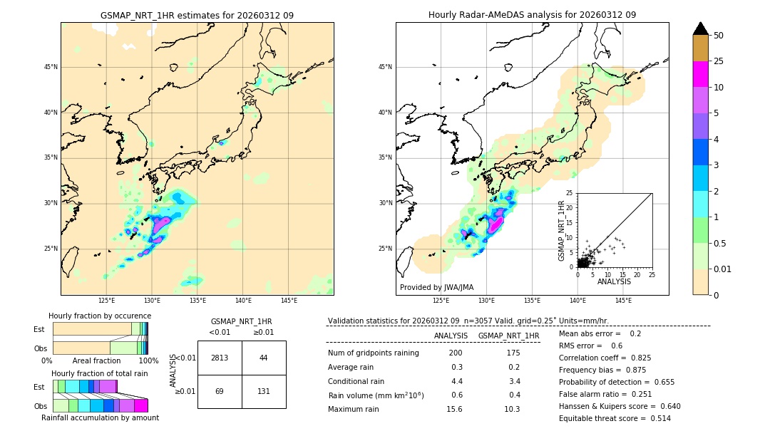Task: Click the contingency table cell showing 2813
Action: tap(219, 358)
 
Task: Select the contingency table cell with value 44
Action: tap(263, 358)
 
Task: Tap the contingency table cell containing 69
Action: tap(219, 391)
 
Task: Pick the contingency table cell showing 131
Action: tap(263, 391)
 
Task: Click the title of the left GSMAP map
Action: tap(197, 15)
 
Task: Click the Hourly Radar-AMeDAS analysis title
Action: tap(532, 15)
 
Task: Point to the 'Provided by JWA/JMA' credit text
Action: tap(436, 287)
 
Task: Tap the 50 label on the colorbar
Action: tap(719, 35)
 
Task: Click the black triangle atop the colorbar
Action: tap(701, 28)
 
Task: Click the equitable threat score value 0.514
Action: tap(655, 418)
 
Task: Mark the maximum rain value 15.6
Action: tap(454, 409)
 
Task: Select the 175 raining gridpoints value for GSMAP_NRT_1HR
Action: tap(513, 353)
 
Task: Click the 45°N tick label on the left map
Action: tap(51, 67)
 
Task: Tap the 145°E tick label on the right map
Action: tap(623, 301)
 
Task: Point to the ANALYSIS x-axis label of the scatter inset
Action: tap(614, 281)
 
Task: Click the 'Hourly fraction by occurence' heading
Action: tap(100, 316)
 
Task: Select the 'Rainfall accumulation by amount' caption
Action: tap(100, 417)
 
